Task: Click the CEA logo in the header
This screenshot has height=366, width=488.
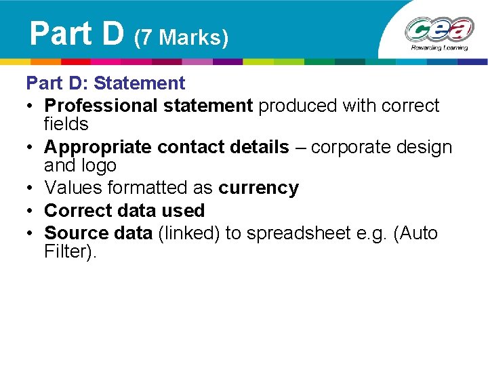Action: (439, 30)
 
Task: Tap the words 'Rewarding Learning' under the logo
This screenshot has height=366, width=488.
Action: (439, 49)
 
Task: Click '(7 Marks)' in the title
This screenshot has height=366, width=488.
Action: (182, 38)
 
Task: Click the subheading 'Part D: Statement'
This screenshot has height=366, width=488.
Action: (105, 83)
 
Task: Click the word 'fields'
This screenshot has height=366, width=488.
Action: (66, 124)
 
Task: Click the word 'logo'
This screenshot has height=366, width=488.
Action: (98, 165)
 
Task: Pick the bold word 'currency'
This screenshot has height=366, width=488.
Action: (258, 188)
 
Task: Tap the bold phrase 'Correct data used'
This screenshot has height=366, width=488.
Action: (124, 211)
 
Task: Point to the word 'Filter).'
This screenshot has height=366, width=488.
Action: (70, 252)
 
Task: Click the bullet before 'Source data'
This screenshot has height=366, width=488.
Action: (31, 233)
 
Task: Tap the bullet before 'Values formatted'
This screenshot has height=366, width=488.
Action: (31, 188)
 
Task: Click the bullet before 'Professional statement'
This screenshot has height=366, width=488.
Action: (31, 106)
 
